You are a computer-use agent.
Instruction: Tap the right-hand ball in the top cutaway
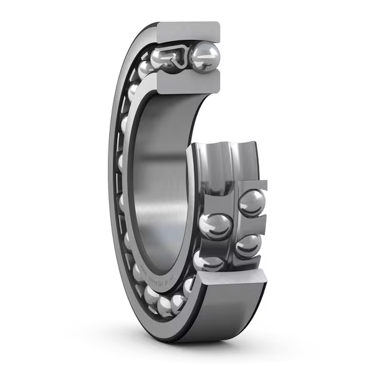(x=204, y=57)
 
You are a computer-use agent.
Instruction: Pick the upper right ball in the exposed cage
(x=252, y=202)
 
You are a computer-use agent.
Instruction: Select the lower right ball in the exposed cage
(x=248, y=245)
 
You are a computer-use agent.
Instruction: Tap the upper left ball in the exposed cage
(x=215, y=225)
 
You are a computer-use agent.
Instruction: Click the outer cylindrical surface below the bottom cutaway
(x=231, y=318)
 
